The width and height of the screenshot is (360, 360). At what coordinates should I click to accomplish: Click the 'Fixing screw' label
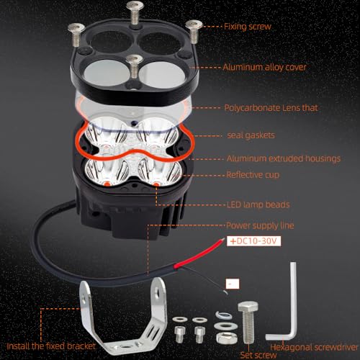pos(248,27)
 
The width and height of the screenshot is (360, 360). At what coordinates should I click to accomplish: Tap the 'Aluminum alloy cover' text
pos(264,67)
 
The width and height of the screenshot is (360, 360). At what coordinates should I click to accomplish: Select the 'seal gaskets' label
pos(251,135)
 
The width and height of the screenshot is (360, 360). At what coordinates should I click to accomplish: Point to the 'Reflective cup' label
pos(253,175)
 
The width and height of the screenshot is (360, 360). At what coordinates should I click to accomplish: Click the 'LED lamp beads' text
pos(258,204)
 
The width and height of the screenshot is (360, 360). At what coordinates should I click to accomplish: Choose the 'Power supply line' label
pos(260,225)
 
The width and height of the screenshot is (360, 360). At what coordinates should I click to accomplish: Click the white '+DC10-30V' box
pos(253,241)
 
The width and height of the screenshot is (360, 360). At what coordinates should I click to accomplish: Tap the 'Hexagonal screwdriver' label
pos(314,347)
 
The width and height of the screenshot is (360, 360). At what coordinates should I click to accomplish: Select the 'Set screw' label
pos(258,355)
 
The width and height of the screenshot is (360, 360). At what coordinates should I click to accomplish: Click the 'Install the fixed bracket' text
pos(51,346)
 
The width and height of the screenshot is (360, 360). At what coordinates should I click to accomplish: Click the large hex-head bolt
pos(248,322)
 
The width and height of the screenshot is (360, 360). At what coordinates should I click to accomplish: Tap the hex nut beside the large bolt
pos(225,338)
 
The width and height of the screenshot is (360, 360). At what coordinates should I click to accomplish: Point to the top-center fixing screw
pos(135,12)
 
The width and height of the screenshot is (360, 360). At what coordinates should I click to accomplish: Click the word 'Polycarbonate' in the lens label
pos(252,108)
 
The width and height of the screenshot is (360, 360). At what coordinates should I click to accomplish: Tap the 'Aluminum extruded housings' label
pos(284,158)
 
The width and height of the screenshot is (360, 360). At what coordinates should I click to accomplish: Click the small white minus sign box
pos(233,284)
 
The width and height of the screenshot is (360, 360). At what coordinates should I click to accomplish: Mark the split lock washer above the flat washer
pos(224,315)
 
